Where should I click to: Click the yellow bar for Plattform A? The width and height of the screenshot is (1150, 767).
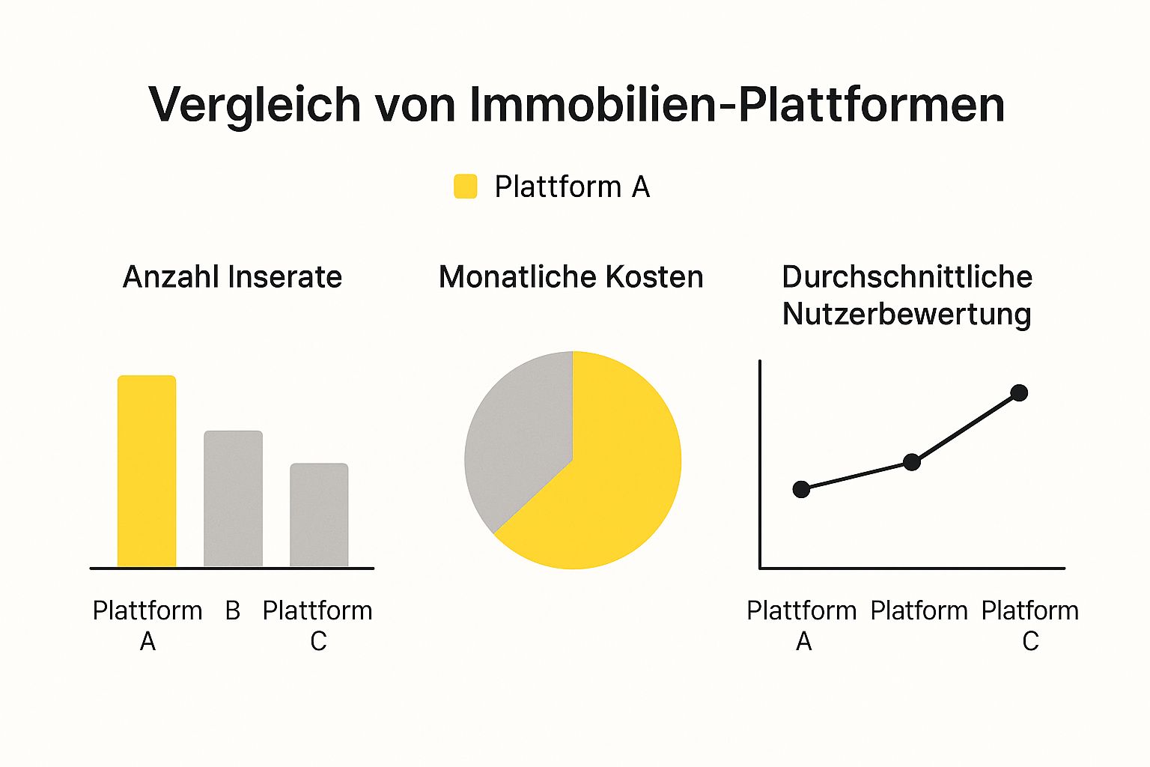pyautogui.click(x=147, y=472)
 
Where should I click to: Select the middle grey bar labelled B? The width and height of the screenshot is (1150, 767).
pyautogui.click(x=233, y=499)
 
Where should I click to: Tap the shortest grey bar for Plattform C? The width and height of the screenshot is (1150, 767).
pyautogui.click(x=319, y=515)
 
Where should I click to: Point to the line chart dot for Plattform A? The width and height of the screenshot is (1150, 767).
pyautogui.click(x=801, y=489)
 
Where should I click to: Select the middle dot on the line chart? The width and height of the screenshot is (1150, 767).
pyautogui.click(x=911, y=462)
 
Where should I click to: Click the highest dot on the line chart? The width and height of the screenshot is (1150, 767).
pyautogui.click(x=1019, y=392)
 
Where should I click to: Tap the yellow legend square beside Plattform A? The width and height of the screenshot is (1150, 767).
pyautogui.click(x=466, y=187)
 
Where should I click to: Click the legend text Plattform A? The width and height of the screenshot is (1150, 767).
pyautogui.click(x=572, y=187)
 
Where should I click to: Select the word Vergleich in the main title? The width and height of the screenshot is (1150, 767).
pyautogui.click(x=255, y=105)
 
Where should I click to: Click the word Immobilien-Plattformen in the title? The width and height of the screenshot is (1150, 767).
pyautogui.click(x=737, y=105)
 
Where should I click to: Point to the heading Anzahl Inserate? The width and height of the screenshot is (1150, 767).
pyautogui.click(x=232, y=277)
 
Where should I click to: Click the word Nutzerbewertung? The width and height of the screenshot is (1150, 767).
pyautogui.click(x=907, y=314)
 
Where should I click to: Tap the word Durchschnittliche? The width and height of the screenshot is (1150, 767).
pyautogui.click(x=907, y=277)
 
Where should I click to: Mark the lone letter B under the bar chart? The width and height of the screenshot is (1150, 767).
pyautogui.click(x=233, y=610)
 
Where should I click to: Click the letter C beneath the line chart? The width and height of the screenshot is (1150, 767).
pyautogui.click(x=1030, y=641)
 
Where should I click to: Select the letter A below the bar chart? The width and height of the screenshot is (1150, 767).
pyautogui.click(x=147, y=641)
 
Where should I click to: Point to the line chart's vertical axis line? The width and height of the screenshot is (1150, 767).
pyautogui.click(x=760, y=464)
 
